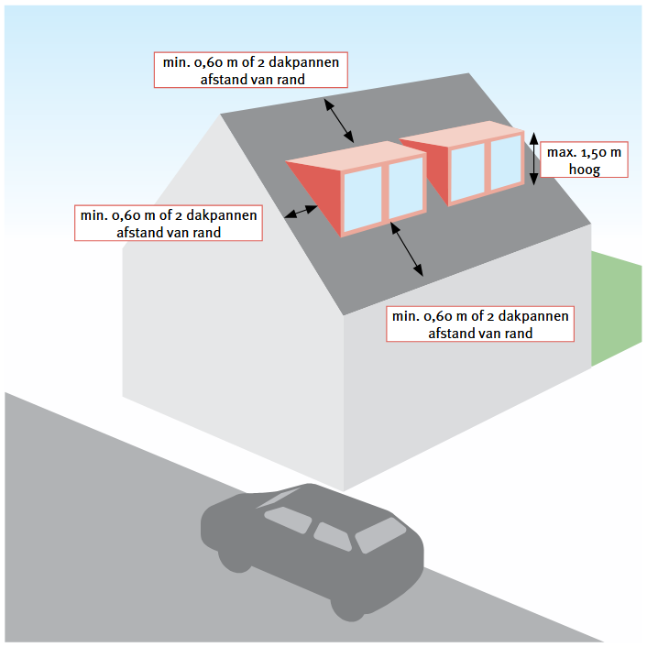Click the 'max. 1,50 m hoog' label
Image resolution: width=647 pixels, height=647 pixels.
[x=584, y=159]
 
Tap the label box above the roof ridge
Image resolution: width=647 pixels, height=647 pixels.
[x=251, y=70]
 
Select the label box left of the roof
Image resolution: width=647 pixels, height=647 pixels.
[x=169, y=223]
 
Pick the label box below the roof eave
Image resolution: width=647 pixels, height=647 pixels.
[x=480, y=323]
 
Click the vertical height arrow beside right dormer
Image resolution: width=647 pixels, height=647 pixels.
[x=533, y=159]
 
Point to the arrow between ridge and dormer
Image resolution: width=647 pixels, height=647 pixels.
[x=339, y=121]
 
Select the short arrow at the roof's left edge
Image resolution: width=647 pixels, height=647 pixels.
[x=302, y=212]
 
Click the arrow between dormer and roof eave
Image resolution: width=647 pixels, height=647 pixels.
[x=407, y=249]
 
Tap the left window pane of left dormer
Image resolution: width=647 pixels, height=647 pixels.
[x=363, y=199]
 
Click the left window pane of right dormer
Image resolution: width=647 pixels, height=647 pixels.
[x=467, y=171]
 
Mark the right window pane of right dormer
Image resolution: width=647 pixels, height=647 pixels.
[x=506, y=161]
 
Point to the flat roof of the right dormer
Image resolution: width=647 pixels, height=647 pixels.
[x=461, y=133]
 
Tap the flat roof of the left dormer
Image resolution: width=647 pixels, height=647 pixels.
[x=356, y=156]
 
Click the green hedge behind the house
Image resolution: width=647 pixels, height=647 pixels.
[x=617, y=308]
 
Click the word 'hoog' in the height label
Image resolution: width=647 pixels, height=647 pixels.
[x=585, y=170]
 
